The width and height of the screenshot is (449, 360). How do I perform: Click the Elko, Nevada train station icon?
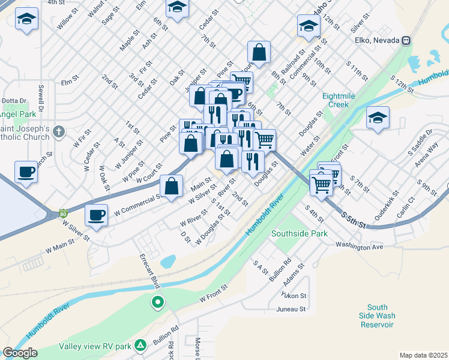(x=406, y=41)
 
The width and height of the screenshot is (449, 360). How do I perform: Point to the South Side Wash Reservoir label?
(x=377, y=316)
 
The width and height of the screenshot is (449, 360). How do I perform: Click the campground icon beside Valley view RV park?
(x=140, y=346)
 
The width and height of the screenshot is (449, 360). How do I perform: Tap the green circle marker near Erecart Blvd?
(x=157, y=302)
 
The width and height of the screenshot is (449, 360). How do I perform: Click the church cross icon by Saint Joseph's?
(x=58, y=131)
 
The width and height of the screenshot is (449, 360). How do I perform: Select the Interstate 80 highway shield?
(x=63, y=212)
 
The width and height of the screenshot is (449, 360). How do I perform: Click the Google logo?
(x=20, y=352)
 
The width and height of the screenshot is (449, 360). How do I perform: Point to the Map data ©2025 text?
(x=423, y=355)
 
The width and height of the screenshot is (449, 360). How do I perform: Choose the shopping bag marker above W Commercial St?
(x=172, y=185)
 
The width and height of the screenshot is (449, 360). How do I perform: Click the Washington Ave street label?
(x=359, y=246)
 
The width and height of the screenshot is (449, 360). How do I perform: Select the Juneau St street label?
(x=292, y=310)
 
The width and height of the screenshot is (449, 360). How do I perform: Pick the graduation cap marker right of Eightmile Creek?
(x=378, y=118)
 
